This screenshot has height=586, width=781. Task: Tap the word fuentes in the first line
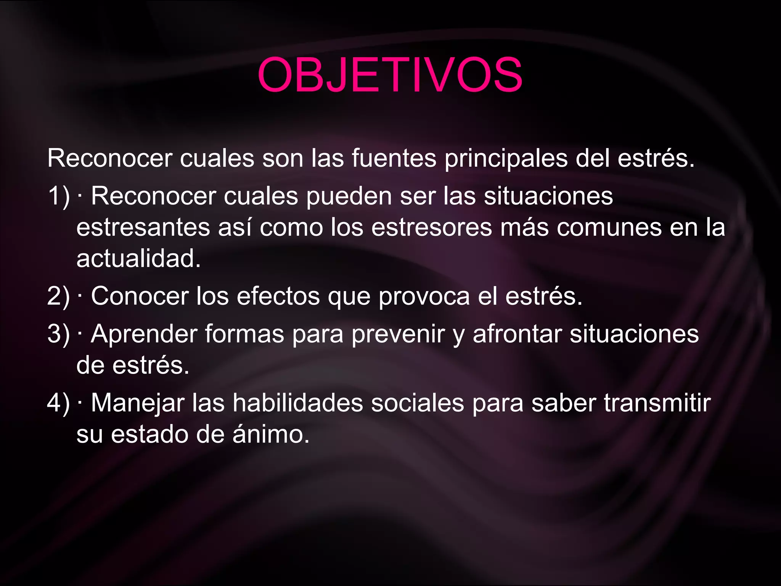coord(394,158)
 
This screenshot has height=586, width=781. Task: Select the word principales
coord(506,159)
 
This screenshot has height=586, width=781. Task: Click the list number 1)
coord(59,197)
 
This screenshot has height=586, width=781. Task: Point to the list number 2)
coord(59,296)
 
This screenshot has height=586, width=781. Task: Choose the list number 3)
coord(59,334)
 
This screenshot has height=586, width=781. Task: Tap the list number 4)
coord(59,403)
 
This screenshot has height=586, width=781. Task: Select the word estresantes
coord(143,228)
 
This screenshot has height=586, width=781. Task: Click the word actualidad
coord(138,259)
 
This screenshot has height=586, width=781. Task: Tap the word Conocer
coord(140,296)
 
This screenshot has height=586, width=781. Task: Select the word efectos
coord(278,296)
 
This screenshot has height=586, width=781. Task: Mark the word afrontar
coord(517,335)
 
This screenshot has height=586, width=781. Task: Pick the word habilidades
coord(298,403)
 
